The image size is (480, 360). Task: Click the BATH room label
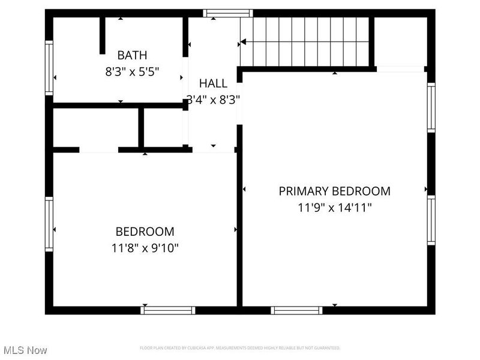click(x=131, y=55)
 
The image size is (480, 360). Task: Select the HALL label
click(x=213, y=83)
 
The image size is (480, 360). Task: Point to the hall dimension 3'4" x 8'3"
click(x=213, y=100)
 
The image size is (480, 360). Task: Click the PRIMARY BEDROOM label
click(x=334, y=191)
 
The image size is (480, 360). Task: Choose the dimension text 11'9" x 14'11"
click(x=334, y=208)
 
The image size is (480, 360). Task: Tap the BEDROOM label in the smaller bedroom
click(x=145, y=231)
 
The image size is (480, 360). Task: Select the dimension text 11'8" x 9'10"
click(x=145, y=247)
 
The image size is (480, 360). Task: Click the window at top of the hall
click(x=227, y=13)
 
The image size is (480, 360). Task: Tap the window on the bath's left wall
click(x=49, y=68)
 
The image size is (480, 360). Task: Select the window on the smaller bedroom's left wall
click(x=49, y=224)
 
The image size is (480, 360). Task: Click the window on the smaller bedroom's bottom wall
click(x=167, y=310)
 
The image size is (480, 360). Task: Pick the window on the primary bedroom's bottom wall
click(x=296, y=310)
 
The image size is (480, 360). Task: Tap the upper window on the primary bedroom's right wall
click(x=431, y=107)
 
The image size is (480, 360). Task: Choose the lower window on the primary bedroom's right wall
click(x=431, y=220)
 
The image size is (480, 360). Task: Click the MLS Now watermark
click(x=25, y=350)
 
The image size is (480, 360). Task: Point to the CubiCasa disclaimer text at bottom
click(x=240, y=348)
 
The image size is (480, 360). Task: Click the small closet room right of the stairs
click(x=400, y=41)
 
